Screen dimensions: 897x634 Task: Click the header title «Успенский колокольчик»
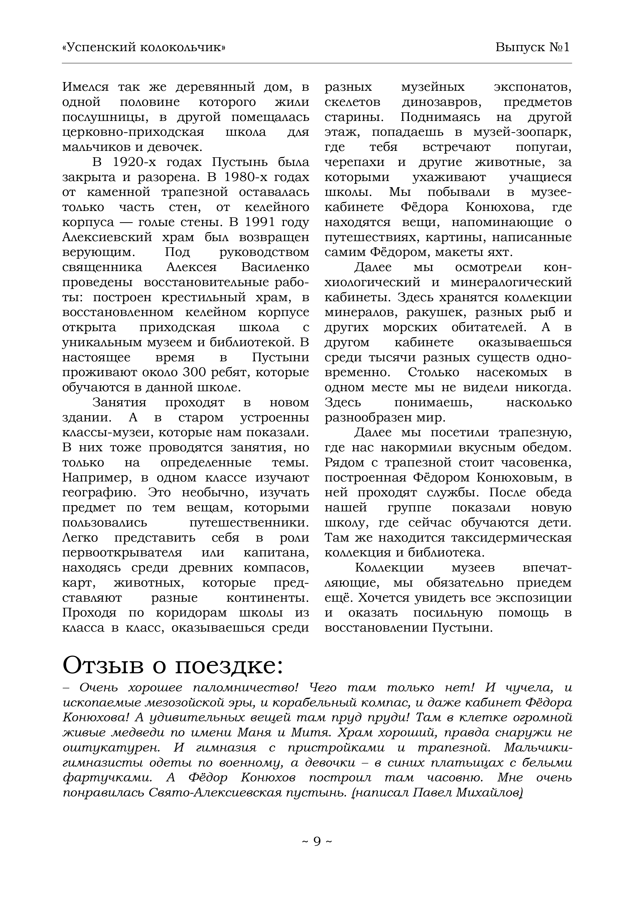click(x=144, y=48)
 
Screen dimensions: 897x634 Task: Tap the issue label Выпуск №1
click(x=533, y=48)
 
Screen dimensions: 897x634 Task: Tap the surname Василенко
click(x=275, y=267)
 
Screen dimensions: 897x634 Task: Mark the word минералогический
click(x=511, y=282)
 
